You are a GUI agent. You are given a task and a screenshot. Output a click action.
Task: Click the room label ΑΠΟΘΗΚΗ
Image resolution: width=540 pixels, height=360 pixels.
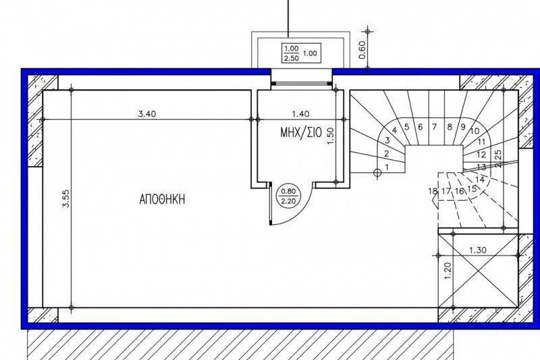pyautogui.click(x=162, y=199)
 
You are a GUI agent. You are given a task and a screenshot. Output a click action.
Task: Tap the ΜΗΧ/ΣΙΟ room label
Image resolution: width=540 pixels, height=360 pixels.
pyautogui.click(x=301, y=132)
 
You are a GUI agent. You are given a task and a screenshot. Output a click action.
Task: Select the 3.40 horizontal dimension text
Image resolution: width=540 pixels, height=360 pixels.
pyautogui.click(x=147, y=113)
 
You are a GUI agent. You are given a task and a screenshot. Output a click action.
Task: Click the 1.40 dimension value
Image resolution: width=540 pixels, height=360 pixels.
pyautogui.click(x=300, y=113)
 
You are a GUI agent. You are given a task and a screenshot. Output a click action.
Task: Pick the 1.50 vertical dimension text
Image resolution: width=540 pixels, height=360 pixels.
pyautogui.click(x=330, y=136)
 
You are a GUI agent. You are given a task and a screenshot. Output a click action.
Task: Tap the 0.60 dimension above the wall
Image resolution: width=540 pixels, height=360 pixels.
pyautogui.click(x=362, y=50)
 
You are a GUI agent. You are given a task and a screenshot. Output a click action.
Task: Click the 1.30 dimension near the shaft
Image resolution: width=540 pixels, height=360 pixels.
pyautogui.click(x=478, y=250)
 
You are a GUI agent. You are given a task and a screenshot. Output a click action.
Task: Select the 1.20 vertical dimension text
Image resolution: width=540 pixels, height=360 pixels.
pyautogui.click(x=448, y=271)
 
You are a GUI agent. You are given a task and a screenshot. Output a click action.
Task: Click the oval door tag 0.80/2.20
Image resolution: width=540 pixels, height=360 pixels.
pyautogui.click(x=289, y=197)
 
